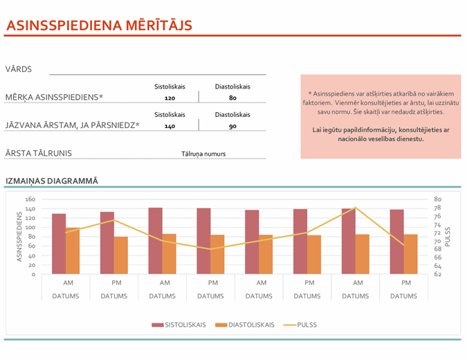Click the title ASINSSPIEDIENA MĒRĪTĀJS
click(98, 26)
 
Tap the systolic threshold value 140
click(170, 127)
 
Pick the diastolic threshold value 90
click(232, 127)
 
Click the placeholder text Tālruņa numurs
click(203, 154)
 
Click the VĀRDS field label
click(18, 69)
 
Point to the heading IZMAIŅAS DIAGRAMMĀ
click(51, 181)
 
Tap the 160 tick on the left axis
click(30, 199)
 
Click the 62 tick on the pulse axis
click(438, 274)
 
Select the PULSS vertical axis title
click(448, 236)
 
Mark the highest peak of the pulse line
click(355, 208)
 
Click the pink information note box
click(380, 116)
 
